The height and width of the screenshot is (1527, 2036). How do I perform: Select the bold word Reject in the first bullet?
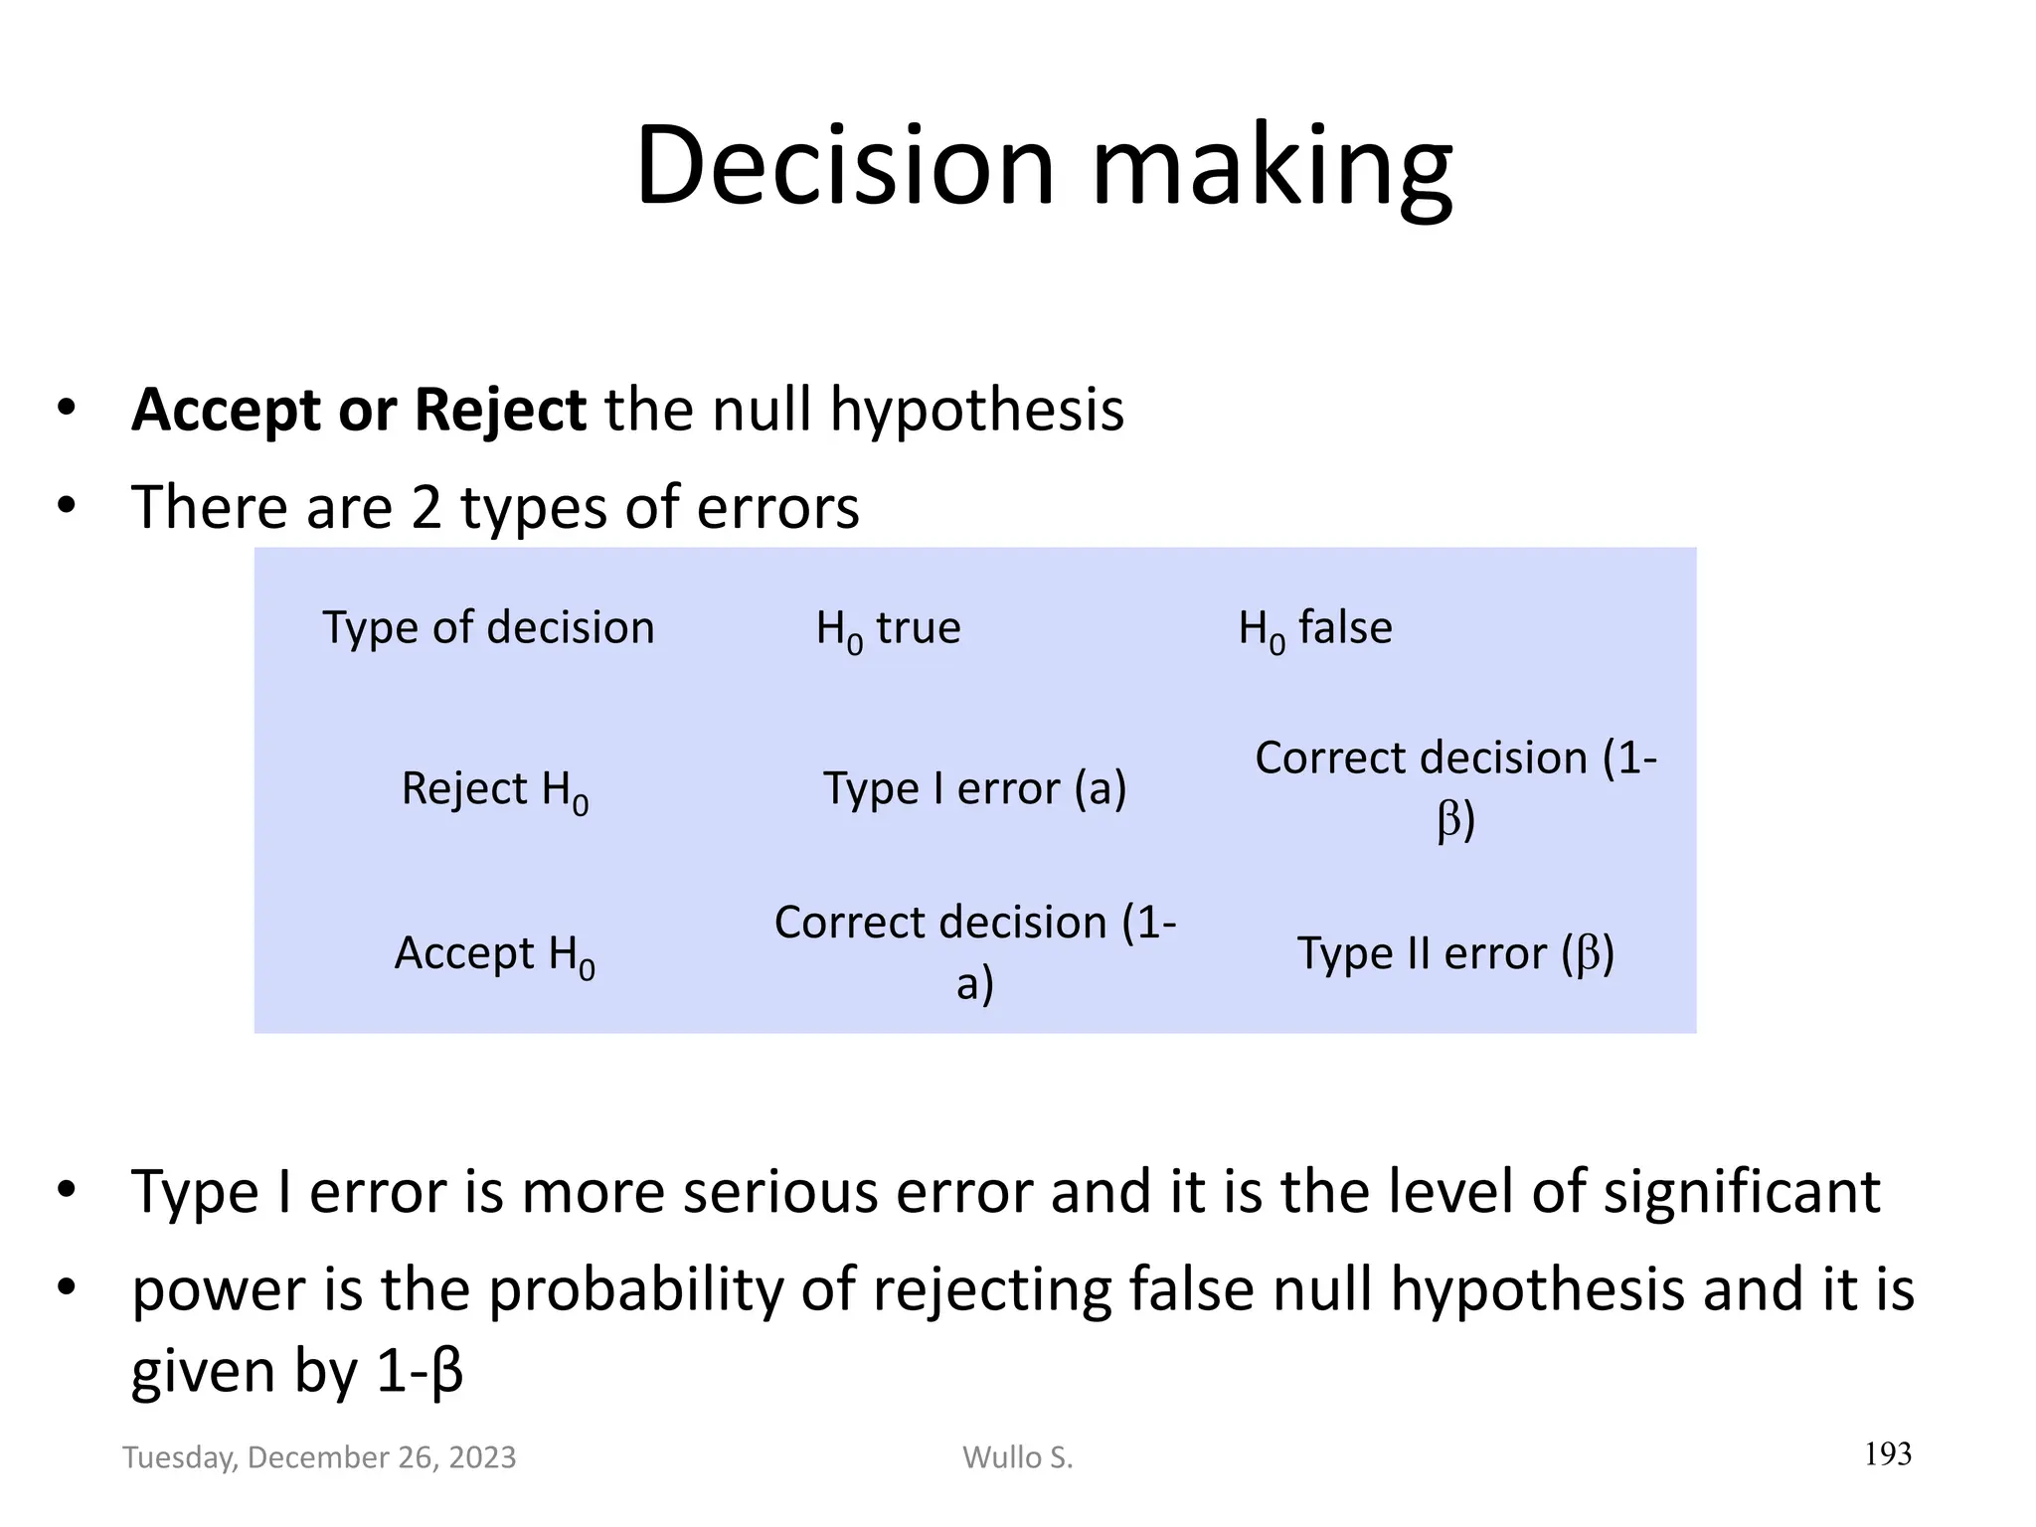point(500,410)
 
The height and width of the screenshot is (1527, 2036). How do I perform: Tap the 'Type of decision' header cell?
point(488,628)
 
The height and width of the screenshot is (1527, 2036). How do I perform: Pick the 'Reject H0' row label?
point(494,790)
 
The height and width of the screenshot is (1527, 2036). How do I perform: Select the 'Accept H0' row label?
point(494,954)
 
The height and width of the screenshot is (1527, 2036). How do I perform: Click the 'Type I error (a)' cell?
point(974,789)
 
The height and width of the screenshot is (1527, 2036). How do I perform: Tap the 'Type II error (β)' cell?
point(1455,953)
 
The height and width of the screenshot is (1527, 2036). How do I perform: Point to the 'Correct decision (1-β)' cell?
point(1455,788)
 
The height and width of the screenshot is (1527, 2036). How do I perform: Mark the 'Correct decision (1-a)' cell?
point(974,952)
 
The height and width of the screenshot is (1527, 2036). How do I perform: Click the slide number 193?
point(1887,1454)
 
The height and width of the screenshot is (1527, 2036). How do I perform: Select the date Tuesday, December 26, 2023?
point(319,1457)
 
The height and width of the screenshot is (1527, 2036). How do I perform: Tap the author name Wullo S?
point(1017,1457)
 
